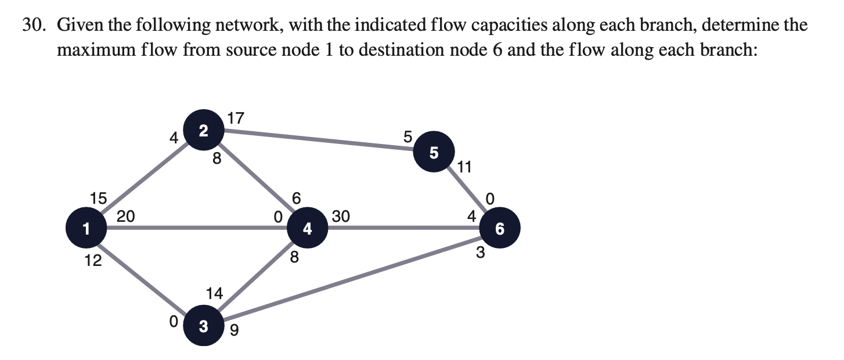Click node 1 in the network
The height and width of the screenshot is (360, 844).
tap(85, 229)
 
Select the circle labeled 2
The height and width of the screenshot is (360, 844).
tap(202, 131)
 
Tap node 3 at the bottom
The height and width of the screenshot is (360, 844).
tap(203, 326)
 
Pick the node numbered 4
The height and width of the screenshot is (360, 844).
tap(308, 229)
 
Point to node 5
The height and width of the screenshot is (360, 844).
tap(434, 153)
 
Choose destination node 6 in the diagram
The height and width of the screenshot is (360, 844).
tap(499, 229)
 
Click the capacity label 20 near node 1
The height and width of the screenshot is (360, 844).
tap(126, 217)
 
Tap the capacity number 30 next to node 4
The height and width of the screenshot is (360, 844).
tap(341, 217)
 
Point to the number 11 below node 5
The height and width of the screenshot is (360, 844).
tap(465, 168)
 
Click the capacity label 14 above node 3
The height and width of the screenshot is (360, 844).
tap(214, 294)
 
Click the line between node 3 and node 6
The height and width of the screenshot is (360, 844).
tap(354, 278)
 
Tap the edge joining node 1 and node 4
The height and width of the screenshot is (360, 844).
tap(197, 229)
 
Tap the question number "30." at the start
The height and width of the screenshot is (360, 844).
tap(35, 26)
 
